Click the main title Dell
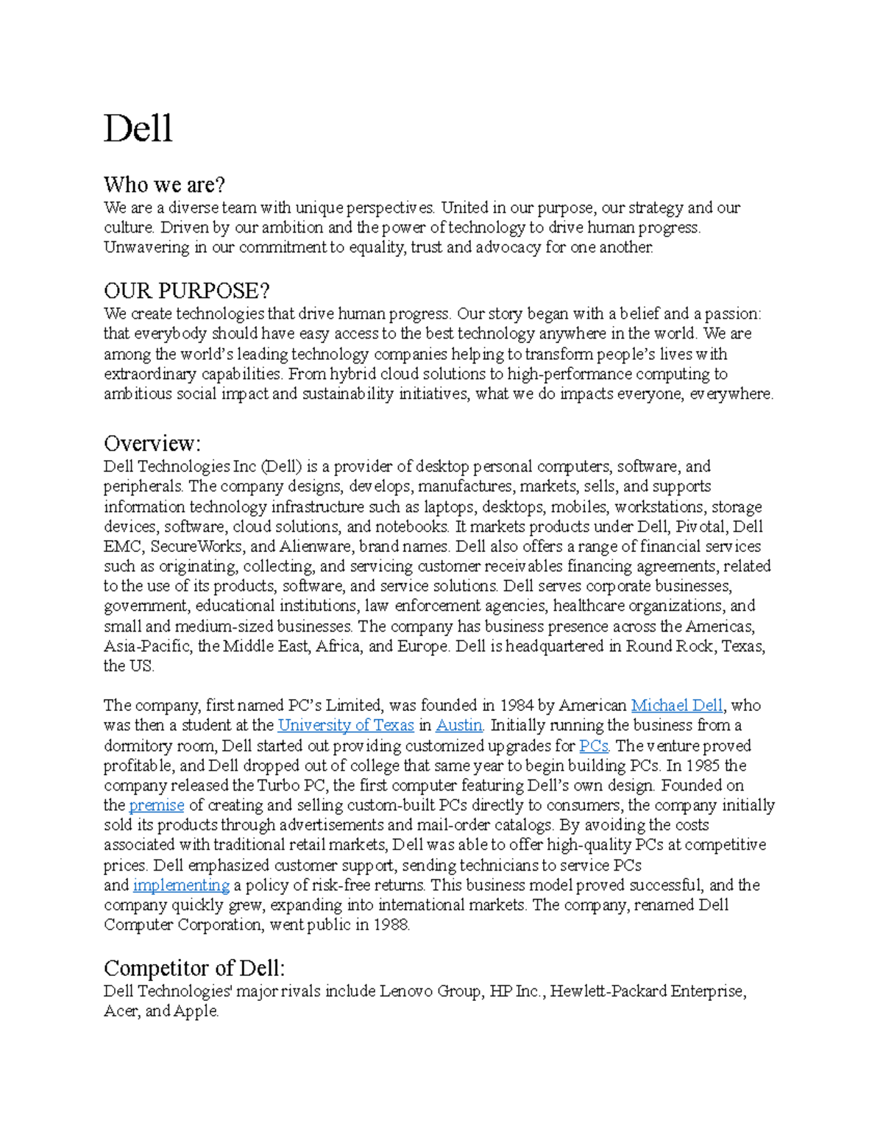(138, 129)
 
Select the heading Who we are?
(164, 184)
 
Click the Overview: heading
(152, 443)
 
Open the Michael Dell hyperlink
(677, 705)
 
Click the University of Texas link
(346, 725)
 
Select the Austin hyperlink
(459, 725)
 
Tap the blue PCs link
(593, 746)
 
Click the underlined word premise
(156, 805)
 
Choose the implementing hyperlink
(181, 885)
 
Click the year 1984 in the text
(517, 705)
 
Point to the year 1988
(391, 925)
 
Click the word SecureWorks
(196, 547)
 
